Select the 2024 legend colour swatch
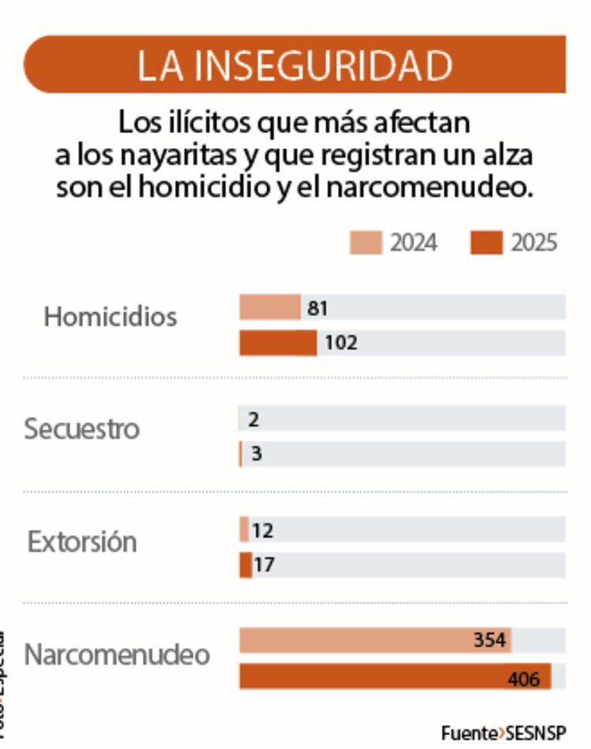click(x=366, y=242)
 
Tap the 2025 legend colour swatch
click(x=486, y=242)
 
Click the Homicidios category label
click(x=110, y=317)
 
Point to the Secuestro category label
click(x=81, y=430)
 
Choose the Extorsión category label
click(x=82, y=542)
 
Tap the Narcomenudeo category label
click(x=117, y=655)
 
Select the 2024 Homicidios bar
click(x=269, y=307)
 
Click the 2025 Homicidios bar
click(x=277, y=343)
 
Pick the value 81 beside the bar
click(x=318, y=307)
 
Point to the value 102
click(x=340, y=343)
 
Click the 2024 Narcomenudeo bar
click(x=355, y=640)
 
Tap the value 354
click(x=489, y=640)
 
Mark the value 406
click(x=524, y=677)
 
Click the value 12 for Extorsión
click(x=263, y=530)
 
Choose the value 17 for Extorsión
click(x=264, y=565)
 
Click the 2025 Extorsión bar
click(x=246, y=565)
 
